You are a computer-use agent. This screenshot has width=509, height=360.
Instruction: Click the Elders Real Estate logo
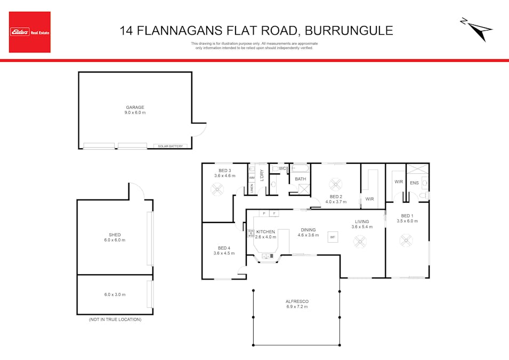(x=30, y=32)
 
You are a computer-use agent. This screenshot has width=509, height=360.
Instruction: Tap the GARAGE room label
(x=135, y=107)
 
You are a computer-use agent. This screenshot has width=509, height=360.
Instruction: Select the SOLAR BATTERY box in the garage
(x=168, y=146)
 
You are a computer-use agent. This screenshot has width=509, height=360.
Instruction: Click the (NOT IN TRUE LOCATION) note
(x=115, y=319)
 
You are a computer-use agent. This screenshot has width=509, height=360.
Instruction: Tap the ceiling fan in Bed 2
(x=335, y=185)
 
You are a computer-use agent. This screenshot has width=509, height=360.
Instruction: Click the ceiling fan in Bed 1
(x=406, y=241)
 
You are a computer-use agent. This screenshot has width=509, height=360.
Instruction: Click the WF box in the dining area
(x=333, y=237)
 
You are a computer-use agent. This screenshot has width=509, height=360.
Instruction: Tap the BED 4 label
(x=224, y=248)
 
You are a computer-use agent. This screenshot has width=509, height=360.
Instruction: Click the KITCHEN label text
(x=265, y=231)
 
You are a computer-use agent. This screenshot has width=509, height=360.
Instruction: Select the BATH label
(x=301, y=179)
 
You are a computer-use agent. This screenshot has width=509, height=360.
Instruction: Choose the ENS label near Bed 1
(x=414, y=183)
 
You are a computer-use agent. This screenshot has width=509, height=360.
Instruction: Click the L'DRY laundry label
(x=262, y=175)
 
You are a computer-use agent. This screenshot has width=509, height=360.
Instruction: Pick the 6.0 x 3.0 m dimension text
(x=115, y=294)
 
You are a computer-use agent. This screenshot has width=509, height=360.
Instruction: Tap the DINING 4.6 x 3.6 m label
(x=308, y=232)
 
